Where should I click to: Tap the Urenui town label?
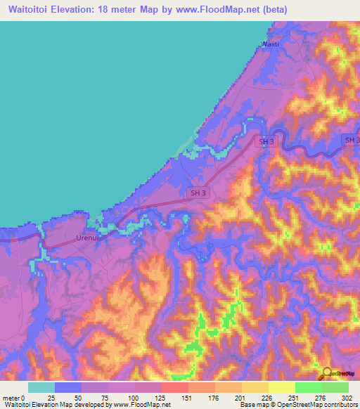[x=86, y=238]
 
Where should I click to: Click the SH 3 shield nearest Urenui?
[x=198, y=191]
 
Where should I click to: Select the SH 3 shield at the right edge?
[x=352, y=141]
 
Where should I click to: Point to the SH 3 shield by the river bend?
[x=266, y=141]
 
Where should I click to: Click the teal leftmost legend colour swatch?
[x=41, y=387]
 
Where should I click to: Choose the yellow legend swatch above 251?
[x=281, y=387]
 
